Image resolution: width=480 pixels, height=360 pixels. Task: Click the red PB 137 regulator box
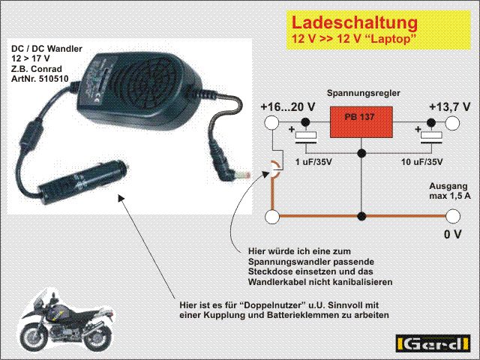(361, 121)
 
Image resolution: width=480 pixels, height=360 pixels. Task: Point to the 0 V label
(452, 234)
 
